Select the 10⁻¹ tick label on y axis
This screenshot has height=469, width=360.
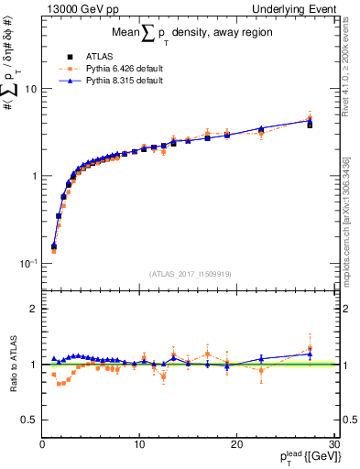(x=28, y=263)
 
